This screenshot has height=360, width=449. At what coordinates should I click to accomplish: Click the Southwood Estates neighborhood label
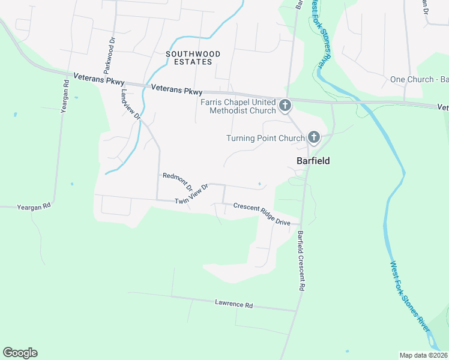point(193,58)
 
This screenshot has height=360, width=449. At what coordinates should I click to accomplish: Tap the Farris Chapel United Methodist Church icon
point(285,106)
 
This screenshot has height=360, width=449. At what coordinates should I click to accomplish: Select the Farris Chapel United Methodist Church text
point(238,106)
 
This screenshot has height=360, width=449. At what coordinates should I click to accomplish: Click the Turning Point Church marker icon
point(313,138)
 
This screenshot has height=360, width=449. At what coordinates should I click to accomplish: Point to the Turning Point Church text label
point(265,139)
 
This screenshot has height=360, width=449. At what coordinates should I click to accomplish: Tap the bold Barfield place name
point(313,161)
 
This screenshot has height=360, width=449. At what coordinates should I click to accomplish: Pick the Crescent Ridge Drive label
point(262,214)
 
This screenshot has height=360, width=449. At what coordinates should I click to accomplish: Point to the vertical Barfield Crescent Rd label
point(301,262)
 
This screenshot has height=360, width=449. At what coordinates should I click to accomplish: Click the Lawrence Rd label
point(234,304)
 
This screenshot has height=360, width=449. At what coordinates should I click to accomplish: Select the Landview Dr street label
point(130,105)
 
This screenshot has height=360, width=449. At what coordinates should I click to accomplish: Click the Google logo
point(20,353)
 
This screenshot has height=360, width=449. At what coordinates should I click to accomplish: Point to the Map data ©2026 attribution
point(423,355)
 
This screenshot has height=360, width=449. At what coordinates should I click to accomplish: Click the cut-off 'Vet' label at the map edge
point(443,107)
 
